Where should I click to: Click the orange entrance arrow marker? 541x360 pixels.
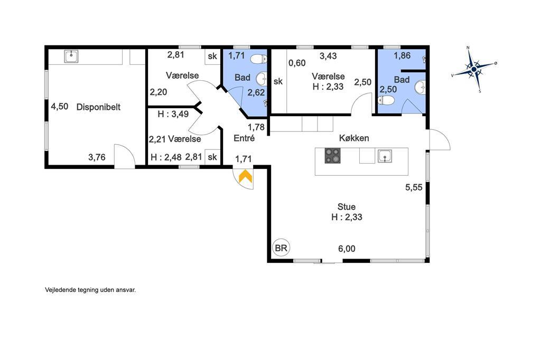click(x=245, y=176)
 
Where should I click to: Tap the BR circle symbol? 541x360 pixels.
click(x=281, y=248)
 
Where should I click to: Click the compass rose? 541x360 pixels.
click(x=474, y=69)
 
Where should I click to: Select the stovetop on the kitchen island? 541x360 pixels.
click(x=333, y=156)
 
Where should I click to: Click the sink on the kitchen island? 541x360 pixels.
click(x=385, y=156)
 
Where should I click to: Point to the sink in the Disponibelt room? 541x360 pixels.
click(x=71, y=56)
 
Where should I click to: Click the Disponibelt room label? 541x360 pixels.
click(x=98, y=107)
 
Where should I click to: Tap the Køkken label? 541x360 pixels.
click(x=354, y=138)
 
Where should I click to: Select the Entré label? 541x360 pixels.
click(x=244, y=138)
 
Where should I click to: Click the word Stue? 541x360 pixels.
click(x=347, y=206)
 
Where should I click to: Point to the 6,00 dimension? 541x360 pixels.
click(x=347, y=249)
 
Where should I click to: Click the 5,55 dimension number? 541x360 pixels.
click(x=414, y=187)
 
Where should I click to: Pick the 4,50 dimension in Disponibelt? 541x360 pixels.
click(x=60, y=106)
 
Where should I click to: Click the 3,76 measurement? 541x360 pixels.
click(x=97, y=157)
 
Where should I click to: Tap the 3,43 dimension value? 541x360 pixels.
click(x=328, y=56)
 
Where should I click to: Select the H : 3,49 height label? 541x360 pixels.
click(x=173, y=114)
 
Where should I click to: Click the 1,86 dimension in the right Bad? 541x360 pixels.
click(x=402, y=55)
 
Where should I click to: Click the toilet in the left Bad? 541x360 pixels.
click(x=258, y=59)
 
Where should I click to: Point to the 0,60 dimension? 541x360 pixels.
click(x=297, y=63)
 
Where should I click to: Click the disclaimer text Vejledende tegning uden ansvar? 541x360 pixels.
click(x=90, y=290)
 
